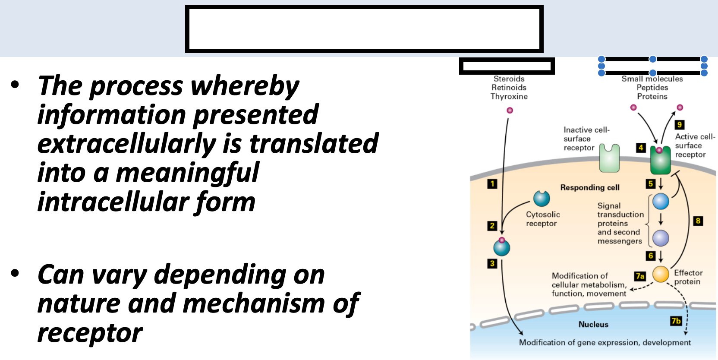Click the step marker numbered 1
click(492, 184)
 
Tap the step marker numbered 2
click(492, 226)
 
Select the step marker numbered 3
click(492, 263)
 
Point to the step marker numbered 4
click(641, 148)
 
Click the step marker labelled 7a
click(640, 276)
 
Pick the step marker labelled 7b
click(676, 321)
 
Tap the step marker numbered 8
click(698, 221)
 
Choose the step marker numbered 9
click(680, 125)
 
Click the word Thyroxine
click(509, 96)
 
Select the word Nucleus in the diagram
click(593, 325)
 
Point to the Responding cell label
click(590, 187)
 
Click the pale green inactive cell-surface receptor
click(609, 158)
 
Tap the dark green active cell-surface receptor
click(660, 161)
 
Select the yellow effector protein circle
click(661, 274)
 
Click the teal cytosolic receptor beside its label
click(542, 199)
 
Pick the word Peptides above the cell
click(652, 88)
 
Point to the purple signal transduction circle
click(661, 238)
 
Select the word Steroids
click(509, 79)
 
